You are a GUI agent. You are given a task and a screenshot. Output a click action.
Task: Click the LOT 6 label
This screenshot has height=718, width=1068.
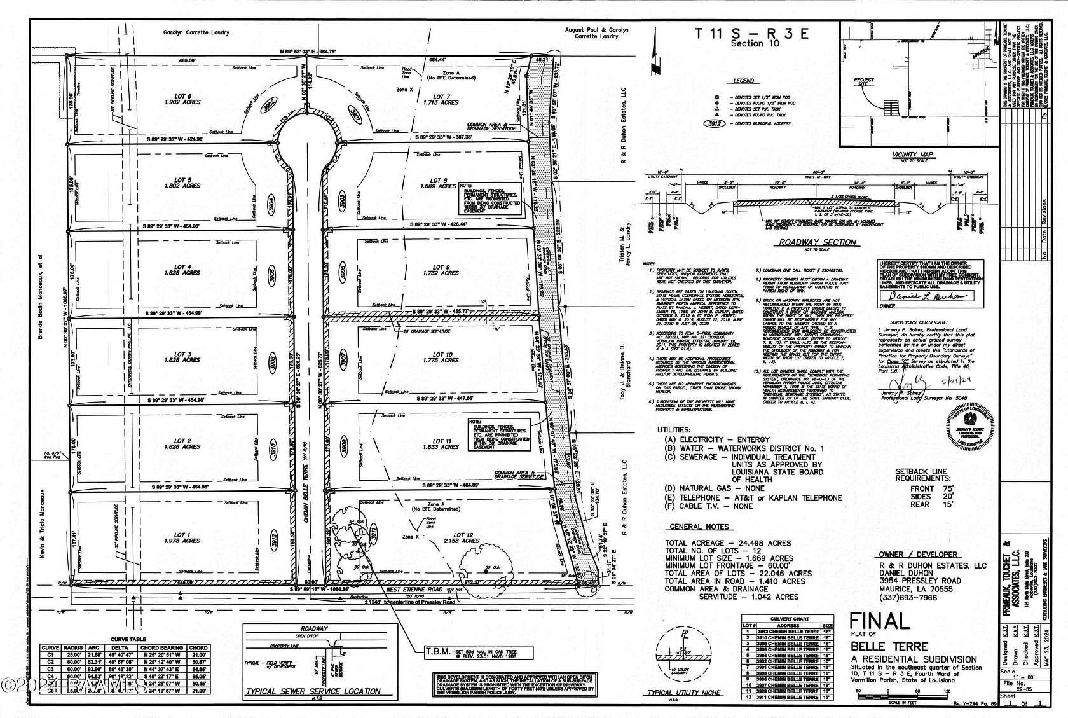click(x=182, y=97)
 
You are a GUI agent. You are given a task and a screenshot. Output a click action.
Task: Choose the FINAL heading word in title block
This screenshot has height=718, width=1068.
click(x=880, y=621)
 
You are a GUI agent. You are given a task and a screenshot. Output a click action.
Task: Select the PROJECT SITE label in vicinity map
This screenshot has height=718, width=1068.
click(x=864, y=83)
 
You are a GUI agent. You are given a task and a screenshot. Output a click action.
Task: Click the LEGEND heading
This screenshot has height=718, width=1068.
click(x=743, y=81)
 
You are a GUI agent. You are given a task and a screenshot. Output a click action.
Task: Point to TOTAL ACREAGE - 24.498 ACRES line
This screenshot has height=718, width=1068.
click(x=728, y=543)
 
